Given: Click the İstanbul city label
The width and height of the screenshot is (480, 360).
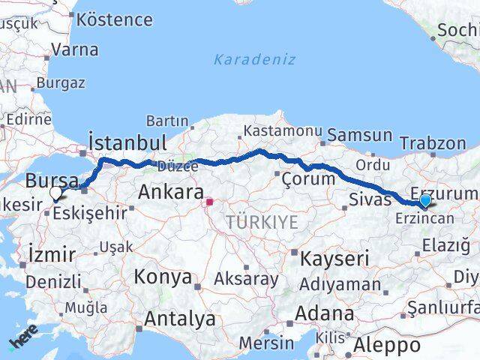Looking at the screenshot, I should (x=127, y=142).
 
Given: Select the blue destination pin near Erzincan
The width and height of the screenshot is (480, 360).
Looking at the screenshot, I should (x=425, y=200).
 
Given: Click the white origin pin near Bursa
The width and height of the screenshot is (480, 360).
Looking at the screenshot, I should (x=55, y=193).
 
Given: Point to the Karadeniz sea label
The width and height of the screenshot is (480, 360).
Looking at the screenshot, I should (x=254, y=59).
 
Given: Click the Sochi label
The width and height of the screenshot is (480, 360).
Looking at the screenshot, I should (x=457, y=30).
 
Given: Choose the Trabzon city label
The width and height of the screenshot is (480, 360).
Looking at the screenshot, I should (x=433, y=142).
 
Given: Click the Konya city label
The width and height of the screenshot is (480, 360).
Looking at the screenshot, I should (x=163, y=276).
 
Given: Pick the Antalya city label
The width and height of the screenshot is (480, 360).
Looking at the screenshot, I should (x=179, y=319).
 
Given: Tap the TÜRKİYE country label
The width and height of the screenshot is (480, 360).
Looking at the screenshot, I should (x=262, y=221).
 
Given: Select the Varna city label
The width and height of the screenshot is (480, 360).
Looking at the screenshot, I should (x=75, y=49).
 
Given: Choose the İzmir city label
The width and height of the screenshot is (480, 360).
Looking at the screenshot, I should (x=50, y=254).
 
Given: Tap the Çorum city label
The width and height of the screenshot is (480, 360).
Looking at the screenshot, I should (x=308, y=178).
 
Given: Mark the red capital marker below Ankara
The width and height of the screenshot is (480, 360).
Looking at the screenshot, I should (x=210, y=202).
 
